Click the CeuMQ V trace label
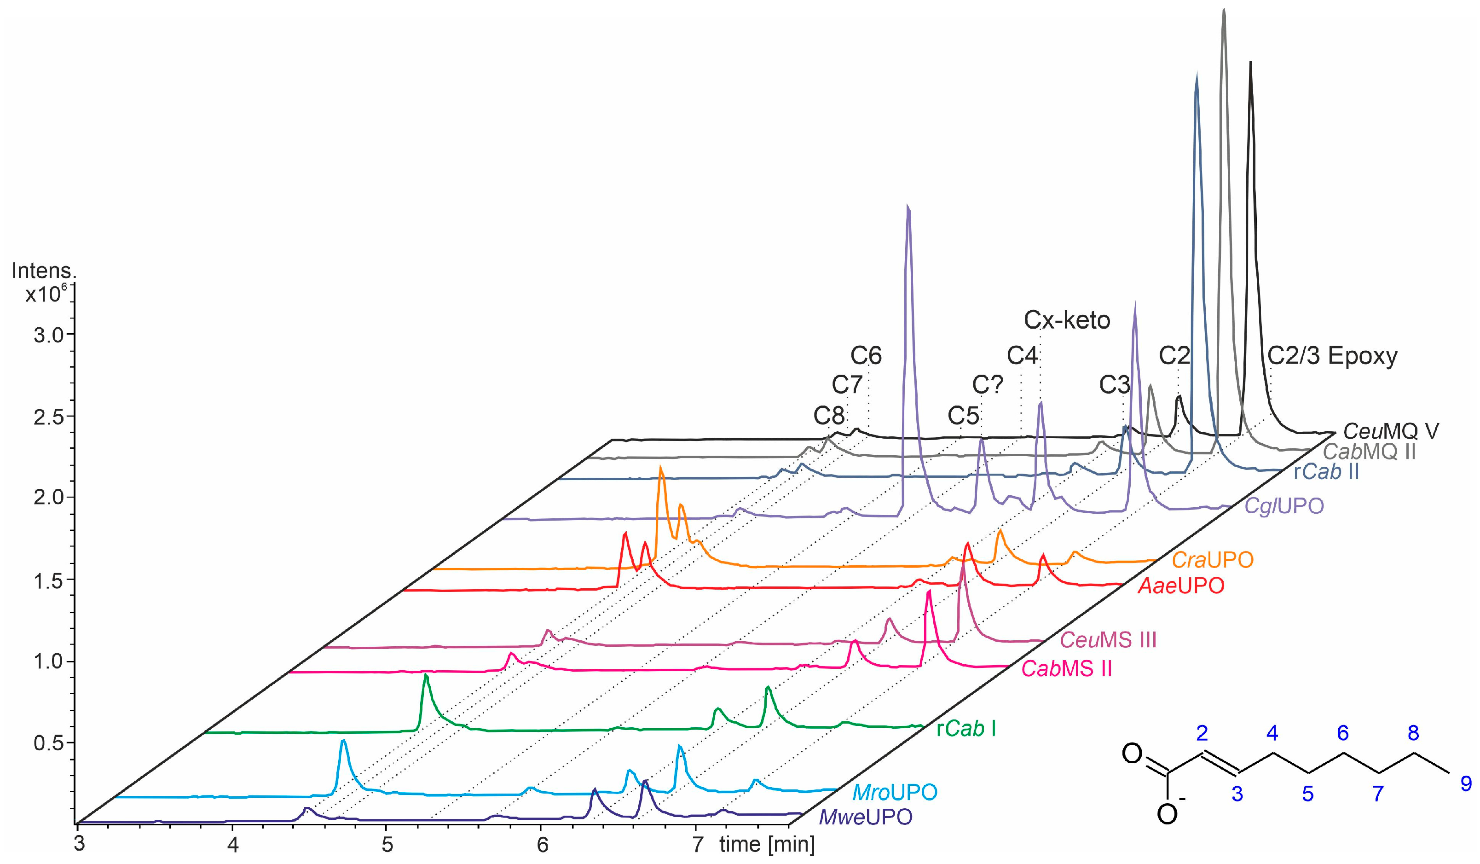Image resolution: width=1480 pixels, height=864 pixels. tap(1391, 431)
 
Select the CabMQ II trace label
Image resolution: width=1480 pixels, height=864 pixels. tap(1369, 451)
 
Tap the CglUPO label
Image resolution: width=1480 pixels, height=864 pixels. tap(1284, 506)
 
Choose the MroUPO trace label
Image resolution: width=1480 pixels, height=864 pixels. tap(895, 792)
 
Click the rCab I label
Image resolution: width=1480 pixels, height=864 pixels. tap(965, 729)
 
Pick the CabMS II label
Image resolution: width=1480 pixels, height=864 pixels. tap(1067, 668)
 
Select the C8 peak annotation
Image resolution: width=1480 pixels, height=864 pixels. tap(829, 416)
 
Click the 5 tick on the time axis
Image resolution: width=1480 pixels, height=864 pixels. tap(387, 845)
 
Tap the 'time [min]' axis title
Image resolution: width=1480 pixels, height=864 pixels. tap(766, 845)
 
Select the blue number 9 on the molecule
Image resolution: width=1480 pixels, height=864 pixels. tap(1466, 783)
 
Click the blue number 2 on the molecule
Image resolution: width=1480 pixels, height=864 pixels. tap(1202, 733)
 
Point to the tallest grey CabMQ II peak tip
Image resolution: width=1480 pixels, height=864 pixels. tap(1223, 10)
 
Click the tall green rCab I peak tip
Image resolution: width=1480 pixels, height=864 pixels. tap(425, 675)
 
